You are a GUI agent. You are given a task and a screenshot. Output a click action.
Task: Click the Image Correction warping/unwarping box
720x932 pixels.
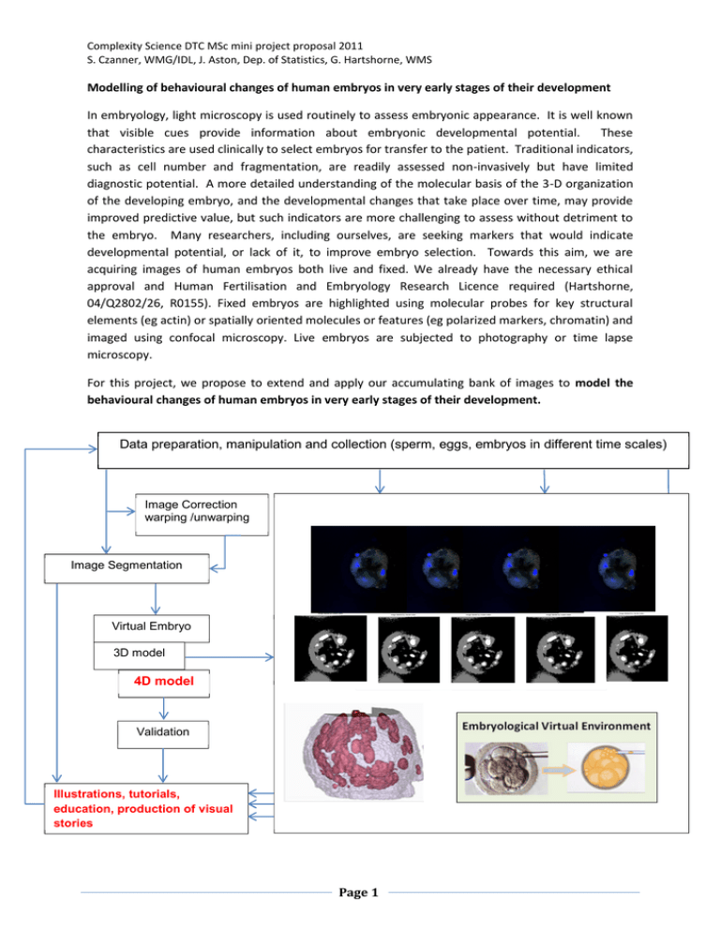(x=195, y=513)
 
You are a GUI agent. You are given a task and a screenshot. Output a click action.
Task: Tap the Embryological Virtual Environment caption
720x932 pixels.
(x=556, y=725)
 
